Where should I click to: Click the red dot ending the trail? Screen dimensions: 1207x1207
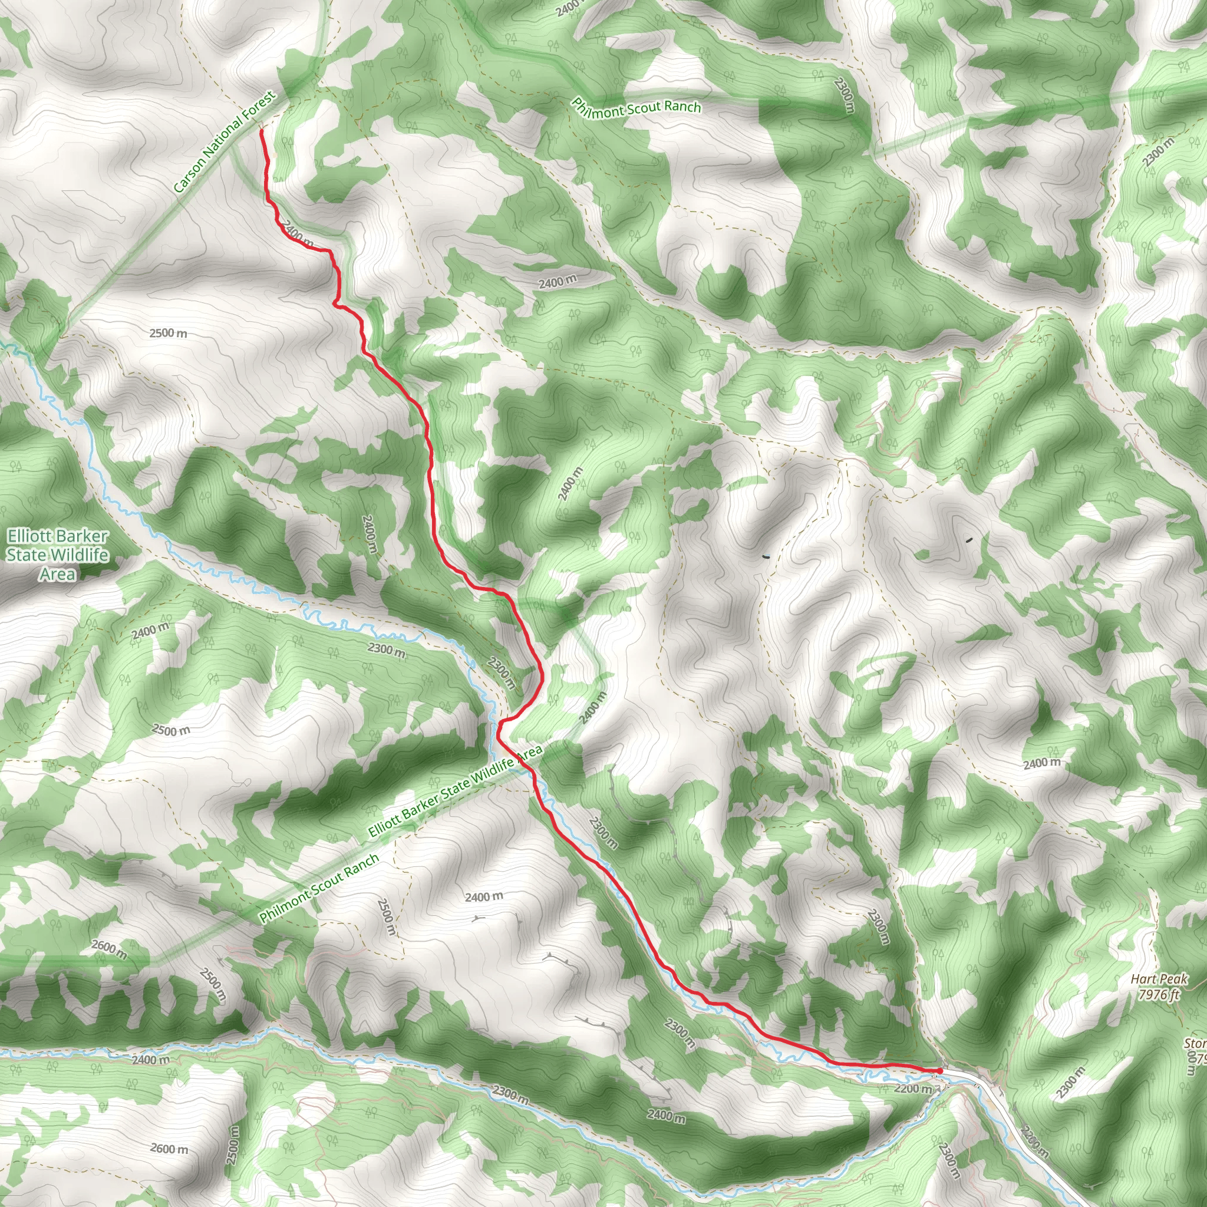point(939,1071)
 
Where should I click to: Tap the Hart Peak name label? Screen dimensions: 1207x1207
point(1158,980)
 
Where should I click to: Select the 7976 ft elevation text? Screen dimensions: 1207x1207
point(1159,995)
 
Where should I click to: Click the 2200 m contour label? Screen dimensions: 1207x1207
point(913,1089)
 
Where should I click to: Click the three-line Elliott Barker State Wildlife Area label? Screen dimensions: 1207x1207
point(58,555)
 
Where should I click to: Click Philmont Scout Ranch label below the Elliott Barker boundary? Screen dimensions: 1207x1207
point(319,888)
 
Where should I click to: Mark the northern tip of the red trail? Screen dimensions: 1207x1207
point(260,131)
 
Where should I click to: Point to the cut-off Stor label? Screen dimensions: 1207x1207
point(1195,1044)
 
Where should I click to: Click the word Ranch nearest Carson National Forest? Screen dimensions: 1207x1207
point(682,107)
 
